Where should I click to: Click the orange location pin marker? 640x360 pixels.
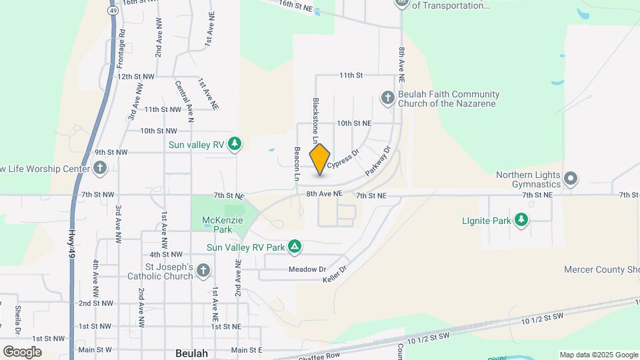point(320,159)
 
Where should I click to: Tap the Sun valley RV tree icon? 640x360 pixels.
point(234,143)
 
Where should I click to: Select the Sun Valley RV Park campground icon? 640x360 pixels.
point(295,247)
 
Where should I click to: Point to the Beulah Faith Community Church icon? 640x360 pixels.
point(387,99)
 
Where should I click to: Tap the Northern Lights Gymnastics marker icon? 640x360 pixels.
point(570,179)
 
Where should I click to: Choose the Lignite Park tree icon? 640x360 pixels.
point(521,220)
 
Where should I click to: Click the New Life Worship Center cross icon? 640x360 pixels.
point(99,167)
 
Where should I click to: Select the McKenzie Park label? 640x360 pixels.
point(223,225)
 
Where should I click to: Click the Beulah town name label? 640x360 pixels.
point(192,353)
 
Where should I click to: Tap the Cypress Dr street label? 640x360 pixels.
point(343,158)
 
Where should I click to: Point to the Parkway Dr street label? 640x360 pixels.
point(377,161)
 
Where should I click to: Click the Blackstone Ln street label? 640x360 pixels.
point(316,120)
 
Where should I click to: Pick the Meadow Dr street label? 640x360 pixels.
point(307,269)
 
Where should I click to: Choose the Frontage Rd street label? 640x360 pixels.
point(121,49)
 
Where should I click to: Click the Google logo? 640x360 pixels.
point(22,352)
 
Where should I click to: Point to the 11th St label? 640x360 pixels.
point(351,75)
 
